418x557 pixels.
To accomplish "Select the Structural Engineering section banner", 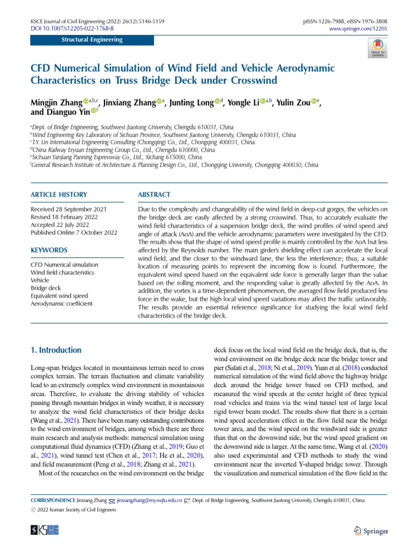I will point(92,40).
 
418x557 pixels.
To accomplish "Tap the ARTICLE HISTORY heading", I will point(58,194).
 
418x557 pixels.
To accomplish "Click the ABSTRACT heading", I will point(155,194).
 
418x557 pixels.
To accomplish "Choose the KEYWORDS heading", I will point(49,250).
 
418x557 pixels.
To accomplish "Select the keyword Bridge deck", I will point(46,288).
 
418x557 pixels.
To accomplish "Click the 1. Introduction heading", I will point(56,350).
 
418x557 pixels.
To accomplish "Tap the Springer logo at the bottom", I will point(371,531).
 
